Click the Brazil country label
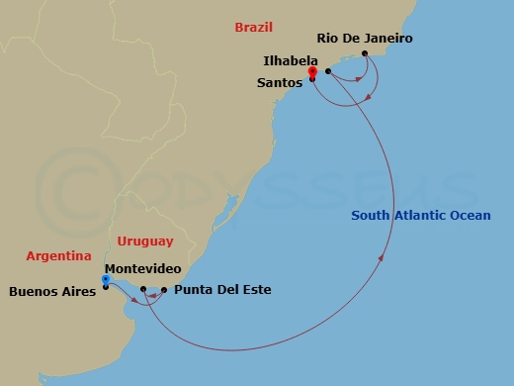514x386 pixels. click(x=254, y=28)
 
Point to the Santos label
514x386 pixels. click(x=279, y=83)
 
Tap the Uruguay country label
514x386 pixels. click(x=144, y=241)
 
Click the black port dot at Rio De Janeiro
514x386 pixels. click(x=366, y=53)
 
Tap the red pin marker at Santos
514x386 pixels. click(x=311, y=72)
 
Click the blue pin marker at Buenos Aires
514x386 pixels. click(x=106, y=280)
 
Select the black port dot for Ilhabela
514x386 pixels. click(x=327, y=71)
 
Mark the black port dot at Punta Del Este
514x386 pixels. click(x=164, y=290)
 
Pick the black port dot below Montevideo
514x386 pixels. click(x=143, y=289)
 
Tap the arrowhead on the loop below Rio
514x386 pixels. click(x=368, y=97)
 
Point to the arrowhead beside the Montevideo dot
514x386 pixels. click(x=151, y=294)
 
